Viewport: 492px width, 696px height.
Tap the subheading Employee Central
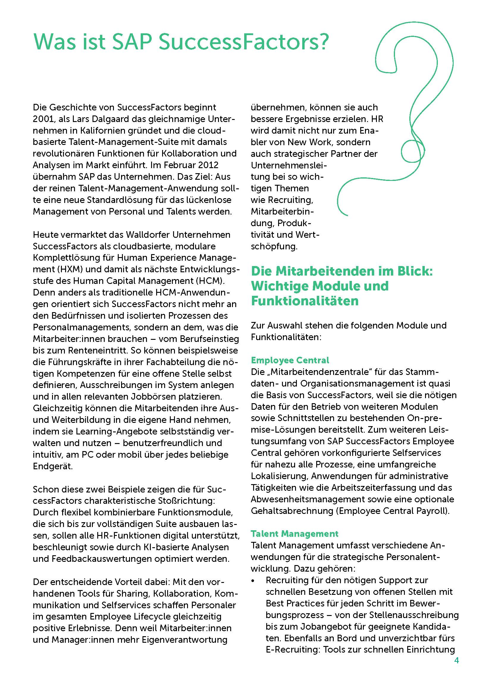[x=290, y=360]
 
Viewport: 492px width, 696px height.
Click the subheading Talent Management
[x=294, y=534]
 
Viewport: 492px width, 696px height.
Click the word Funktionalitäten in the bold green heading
[x=305, y=301]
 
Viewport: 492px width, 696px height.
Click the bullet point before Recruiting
[x=253, y=580]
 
